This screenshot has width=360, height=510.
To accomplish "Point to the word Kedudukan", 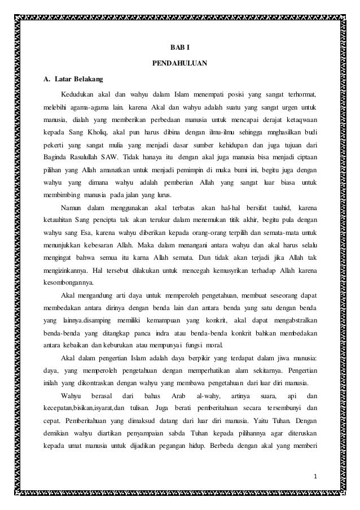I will tap(79, 94).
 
